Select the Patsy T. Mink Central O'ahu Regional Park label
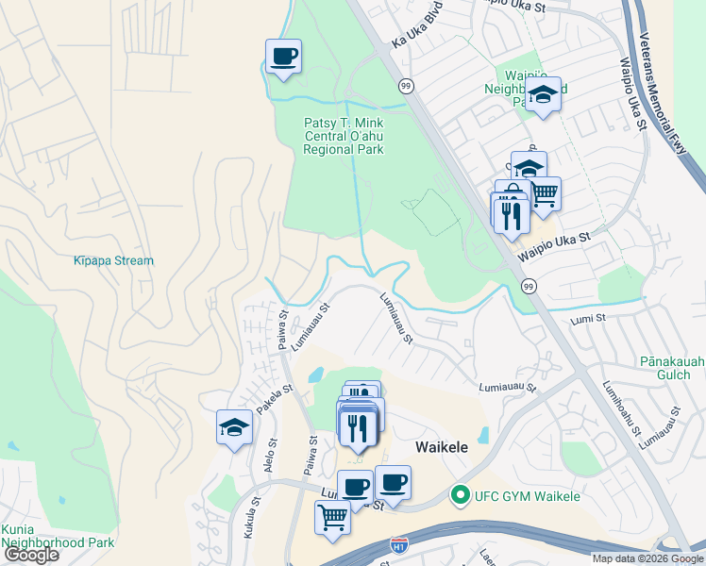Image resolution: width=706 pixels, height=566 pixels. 344,136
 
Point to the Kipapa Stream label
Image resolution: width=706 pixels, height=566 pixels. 113,260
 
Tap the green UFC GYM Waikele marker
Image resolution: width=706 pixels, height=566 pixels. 461,495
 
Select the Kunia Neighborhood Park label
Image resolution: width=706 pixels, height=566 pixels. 58,536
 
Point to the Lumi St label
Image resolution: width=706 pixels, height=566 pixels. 586,321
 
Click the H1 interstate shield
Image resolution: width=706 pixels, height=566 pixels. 401,544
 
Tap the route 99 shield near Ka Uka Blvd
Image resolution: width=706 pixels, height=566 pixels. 404,85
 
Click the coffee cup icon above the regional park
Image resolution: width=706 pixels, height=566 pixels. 283,58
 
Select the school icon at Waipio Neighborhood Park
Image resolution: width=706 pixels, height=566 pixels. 543,94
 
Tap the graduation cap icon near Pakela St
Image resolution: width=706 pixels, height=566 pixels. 234,428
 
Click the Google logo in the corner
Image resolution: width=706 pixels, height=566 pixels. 31,555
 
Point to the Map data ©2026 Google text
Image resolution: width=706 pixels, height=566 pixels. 647,558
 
